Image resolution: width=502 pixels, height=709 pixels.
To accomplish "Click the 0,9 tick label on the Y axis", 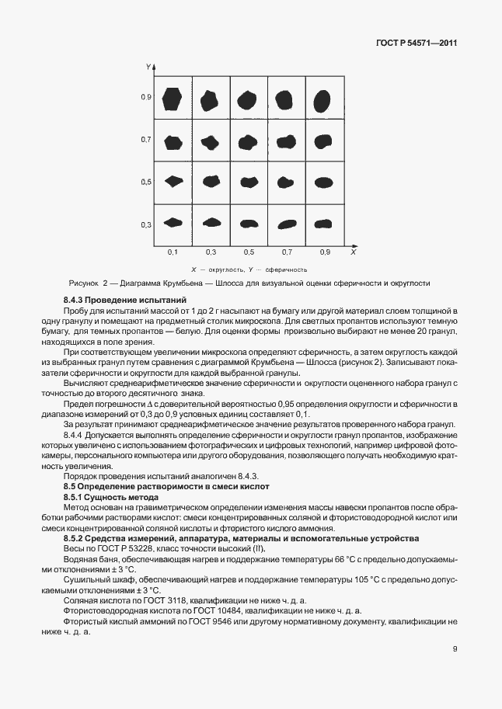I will tap(145, 97).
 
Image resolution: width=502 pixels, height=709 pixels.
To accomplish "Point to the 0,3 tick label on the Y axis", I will tap(145, 224).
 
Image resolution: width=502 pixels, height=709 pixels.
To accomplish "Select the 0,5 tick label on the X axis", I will tap(249, 253).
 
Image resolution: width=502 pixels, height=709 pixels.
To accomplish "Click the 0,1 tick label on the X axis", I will tap(173, 253).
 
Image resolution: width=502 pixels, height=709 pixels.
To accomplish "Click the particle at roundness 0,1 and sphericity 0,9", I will tap(173, 99).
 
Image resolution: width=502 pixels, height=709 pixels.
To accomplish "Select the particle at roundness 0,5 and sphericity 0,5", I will tap(249, 182).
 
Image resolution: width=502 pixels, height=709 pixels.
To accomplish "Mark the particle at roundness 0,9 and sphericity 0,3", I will tap(322, 224).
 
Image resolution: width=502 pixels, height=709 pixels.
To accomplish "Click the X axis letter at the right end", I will tap(353, 252).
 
